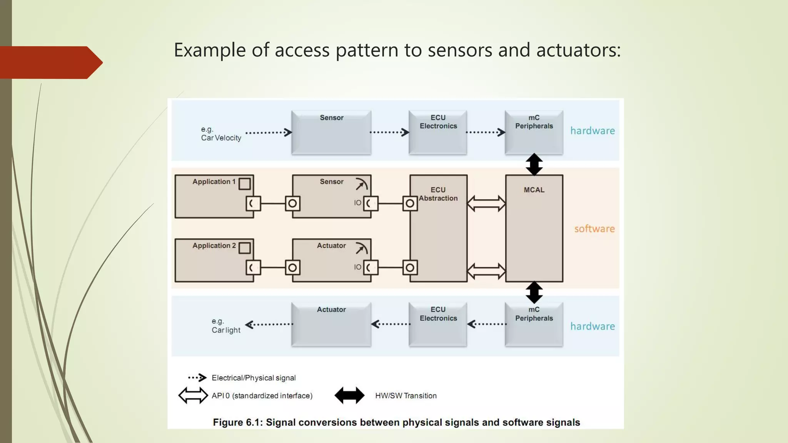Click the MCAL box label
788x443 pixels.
point(534,190)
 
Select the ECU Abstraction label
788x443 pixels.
point(438,194)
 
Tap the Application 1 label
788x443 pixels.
point(214,182)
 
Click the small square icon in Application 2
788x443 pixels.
point(244,248)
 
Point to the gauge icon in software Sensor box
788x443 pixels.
point(361,185)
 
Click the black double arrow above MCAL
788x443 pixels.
point(534,165)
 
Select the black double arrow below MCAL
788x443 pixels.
point(534,292)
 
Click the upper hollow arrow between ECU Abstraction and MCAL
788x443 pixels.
point(486,203)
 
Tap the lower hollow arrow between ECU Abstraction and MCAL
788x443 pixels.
point(486,271)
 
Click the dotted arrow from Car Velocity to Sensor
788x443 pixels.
point(269,133)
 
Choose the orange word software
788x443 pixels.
point(594,229)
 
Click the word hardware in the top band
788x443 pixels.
point(593,131)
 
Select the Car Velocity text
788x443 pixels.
point(221,138)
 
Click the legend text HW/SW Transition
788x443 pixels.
point(406,396)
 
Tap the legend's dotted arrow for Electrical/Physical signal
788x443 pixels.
point(197,378)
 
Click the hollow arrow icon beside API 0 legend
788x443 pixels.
point(193,395)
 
